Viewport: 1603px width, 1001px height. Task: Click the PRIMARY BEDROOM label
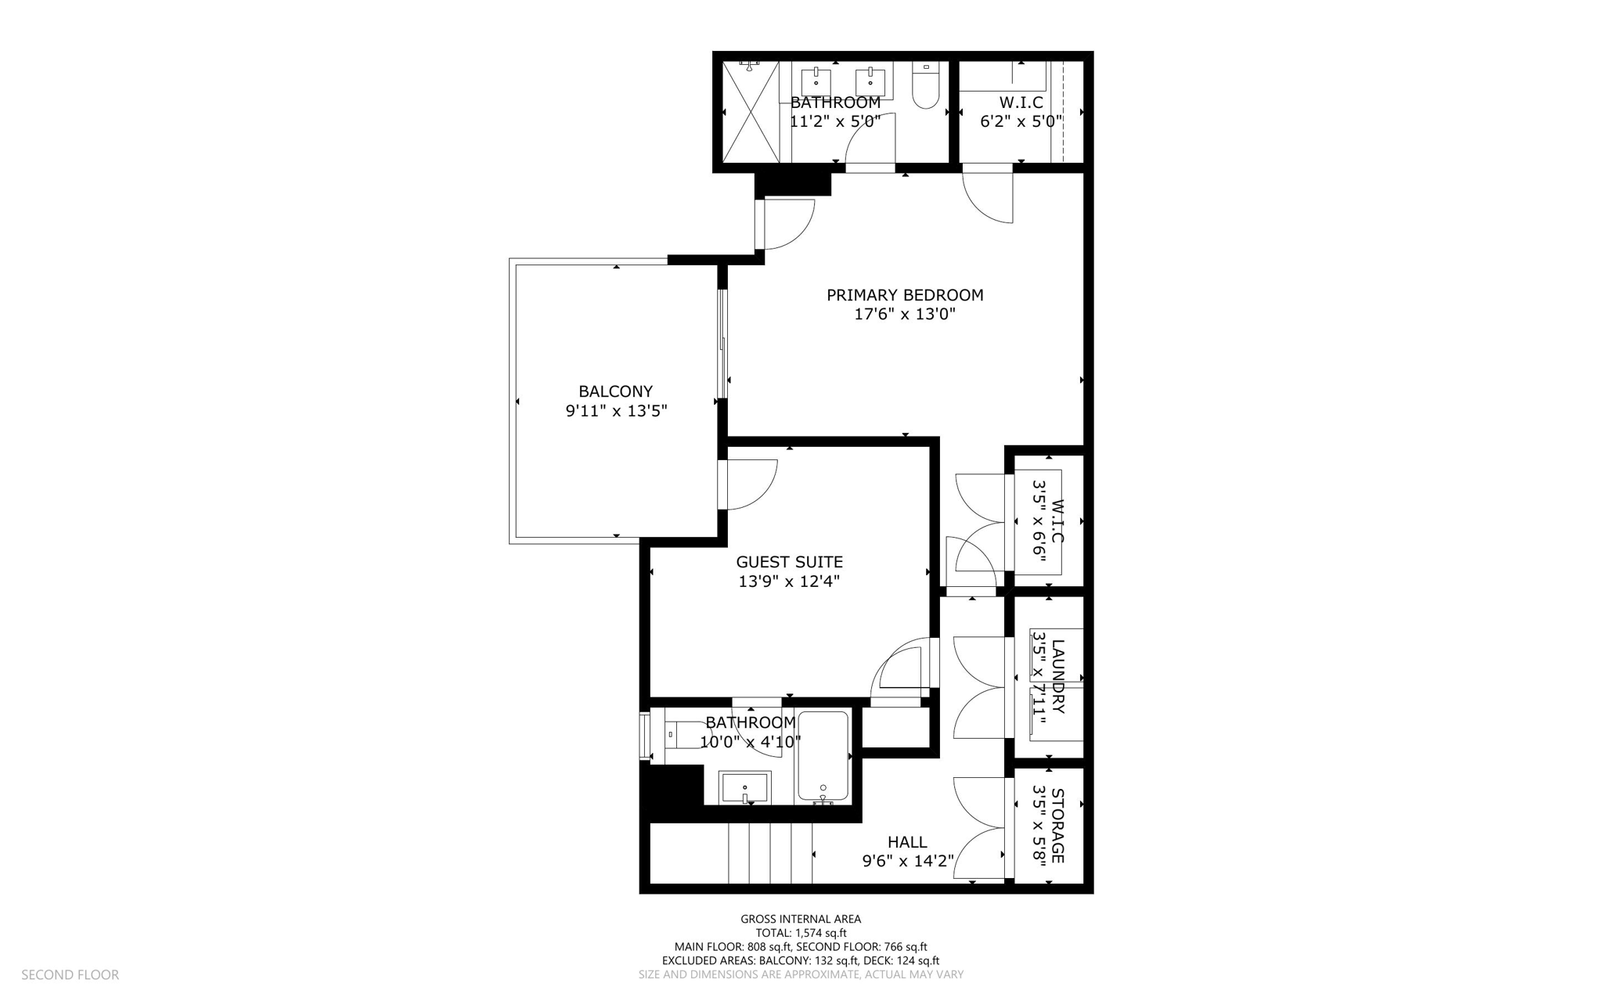(x=905, y=295)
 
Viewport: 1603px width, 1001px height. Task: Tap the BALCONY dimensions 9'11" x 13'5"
(x=616, y=411)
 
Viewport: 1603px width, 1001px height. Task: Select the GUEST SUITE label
(x=789, y=562)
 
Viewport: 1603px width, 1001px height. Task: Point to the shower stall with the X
(x=751, y=112)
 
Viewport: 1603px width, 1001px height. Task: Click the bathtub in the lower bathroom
(x=823, y=755)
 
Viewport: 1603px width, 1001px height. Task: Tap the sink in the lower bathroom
(x=744, y=787)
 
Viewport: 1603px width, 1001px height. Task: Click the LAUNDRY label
(x=1057, y=677)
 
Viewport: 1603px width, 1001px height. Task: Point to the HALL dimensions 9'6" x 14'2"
(x=908, y=861)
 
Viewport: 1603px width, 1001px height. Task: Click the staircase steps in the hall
(x=770, y=853)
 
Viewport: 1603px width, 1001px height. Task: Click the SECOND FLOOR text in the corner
(x=70, y=974)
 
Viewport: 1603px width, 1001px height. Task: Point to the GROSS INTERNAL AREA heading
(x=801, y=919)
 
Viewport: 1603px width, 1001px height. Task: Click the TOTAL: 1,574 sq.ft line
(x=801, y=933)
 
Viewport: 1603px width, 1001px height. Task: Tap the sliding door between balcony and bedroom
(x=723, y=344)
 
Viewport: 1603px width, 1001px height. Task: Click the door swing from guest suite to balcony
(x=750, y=484)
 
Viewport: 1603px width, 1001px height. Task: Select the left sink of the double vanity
(x=816, y=81)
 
